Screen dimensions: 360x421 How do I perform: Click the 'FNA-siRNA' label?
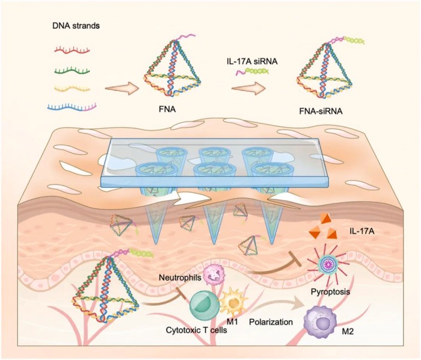click(x=330, y=113)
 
